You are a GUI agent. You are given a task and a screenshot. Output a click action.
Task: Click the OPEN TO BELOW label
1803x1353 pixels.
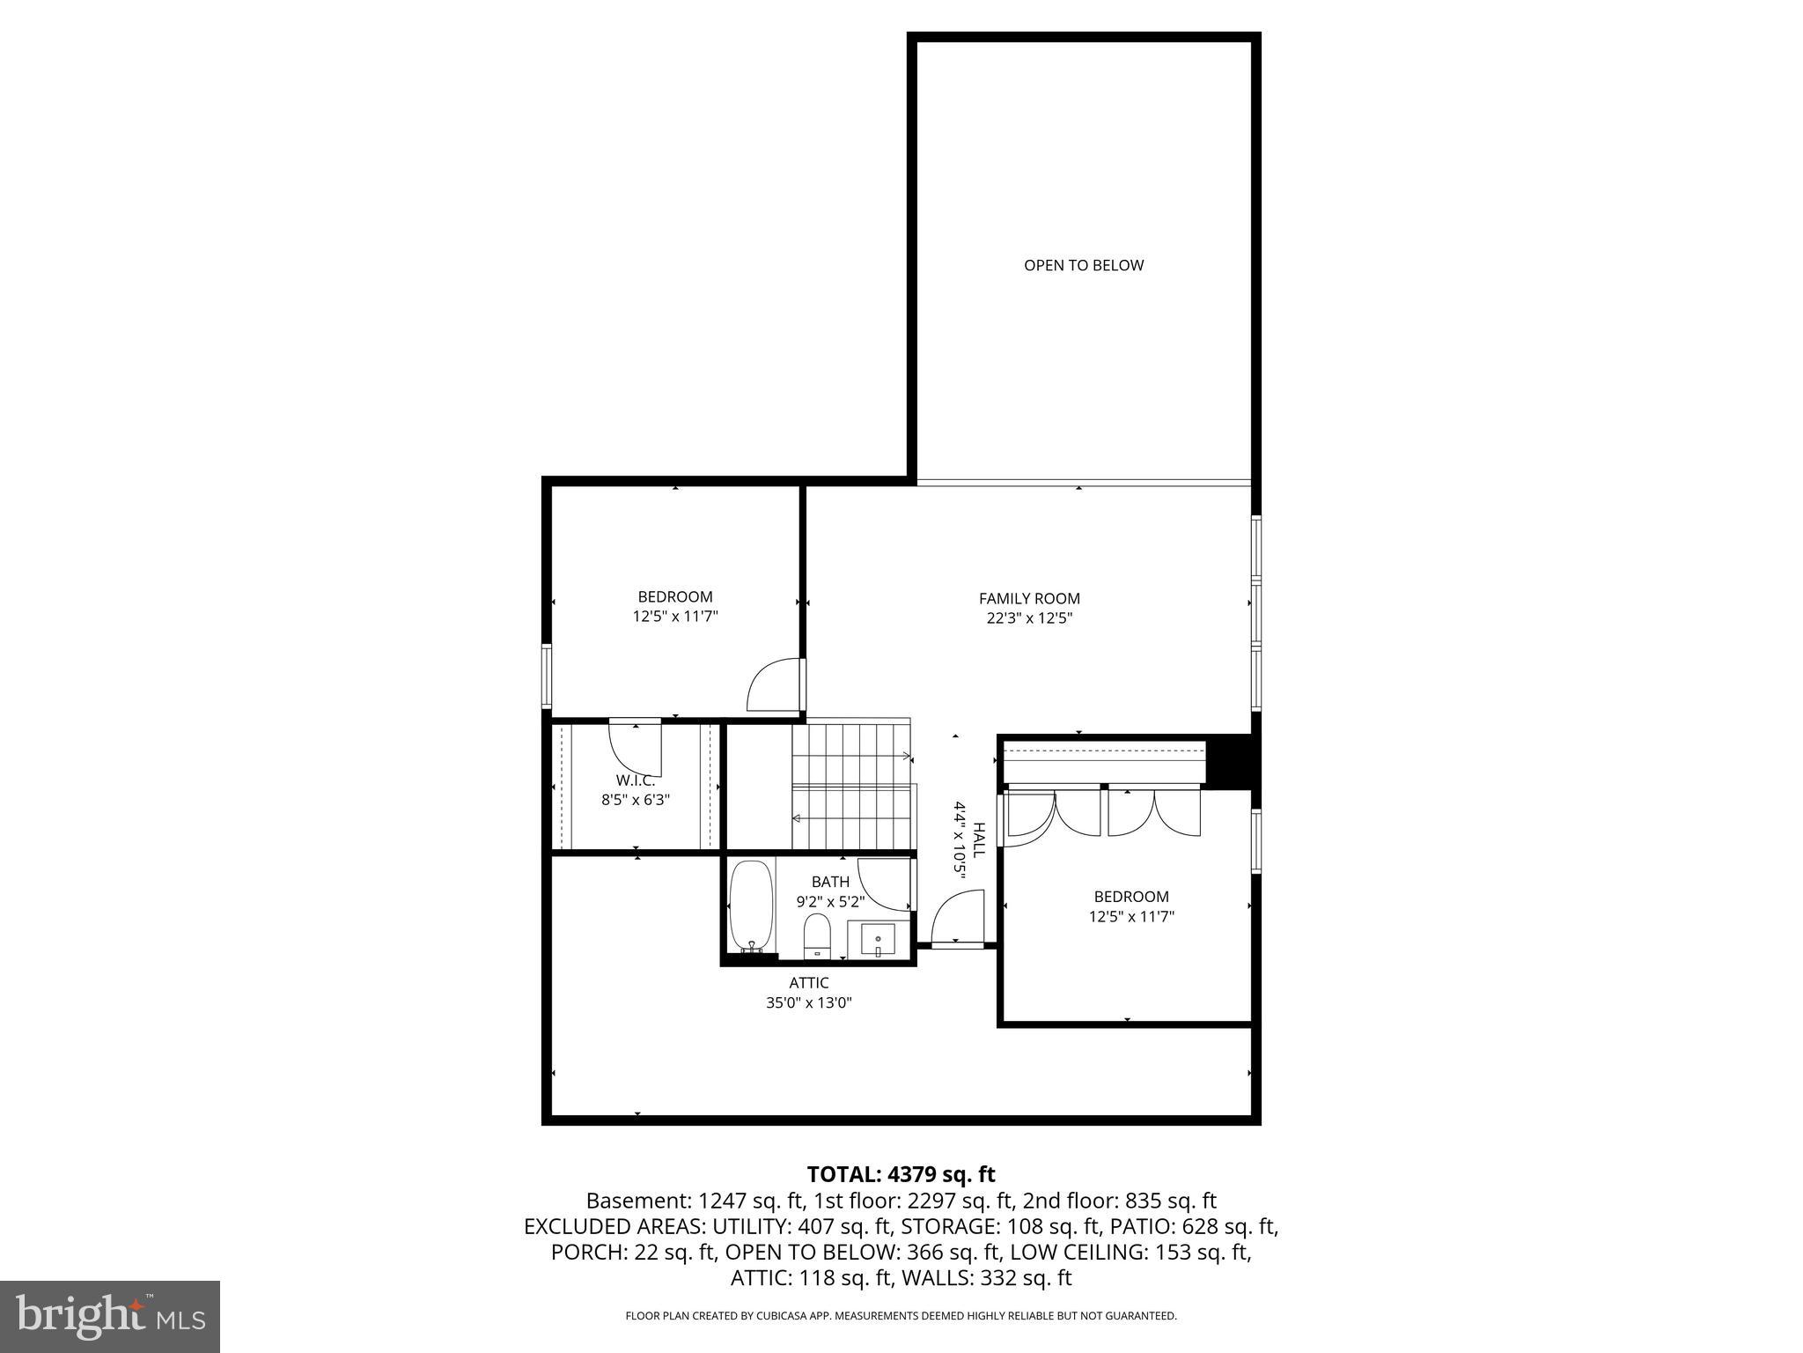click(1083, 265)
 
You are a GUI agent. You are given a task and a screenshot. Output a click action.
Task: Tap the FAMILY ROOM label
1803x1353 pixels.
click(1029, 599)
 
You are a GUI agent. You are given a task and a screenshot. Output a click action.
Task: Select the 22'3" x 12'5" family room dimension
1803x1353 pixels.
click(1029, 618)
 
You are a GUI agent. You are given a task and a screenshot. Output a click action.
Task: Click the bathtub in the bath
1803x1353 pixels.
click(751, 906)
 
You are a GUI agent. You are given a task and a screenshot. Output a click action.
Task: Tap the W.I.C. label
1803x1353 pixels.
click(635, 780)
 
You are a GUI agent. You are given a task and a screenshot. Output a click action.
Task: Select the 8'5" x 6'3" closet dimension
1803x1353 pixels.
click(635, 800)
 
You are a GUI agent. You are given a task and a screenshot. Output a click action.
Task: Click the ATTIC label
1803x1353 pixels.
click(808, 983)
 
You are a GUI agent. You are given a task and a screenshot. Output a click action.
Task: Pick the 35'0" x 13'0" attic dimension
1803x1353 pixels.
click(808, 1002)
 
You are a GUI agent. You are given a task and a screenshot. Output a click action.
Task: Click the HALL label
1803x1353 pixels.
click(978, 839)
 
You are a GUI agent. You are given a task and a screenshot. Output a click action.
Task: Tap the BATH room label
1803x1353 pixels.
click(830, 882)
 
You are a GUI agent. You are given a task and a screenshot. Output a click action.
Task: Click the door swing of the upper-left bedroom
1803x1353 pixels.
click(773, 685)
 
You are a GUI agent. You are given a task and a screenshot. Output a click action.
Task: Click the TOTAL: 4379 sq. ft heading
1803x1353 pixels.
click(901, 1174)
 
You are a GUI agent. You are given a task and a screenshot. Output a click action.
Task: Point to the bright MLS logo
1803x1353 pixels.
click(110, 1316)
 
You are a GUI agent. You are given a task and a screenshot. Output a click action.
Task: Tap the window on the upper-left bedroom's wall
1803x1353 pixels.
click(547, 676)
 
